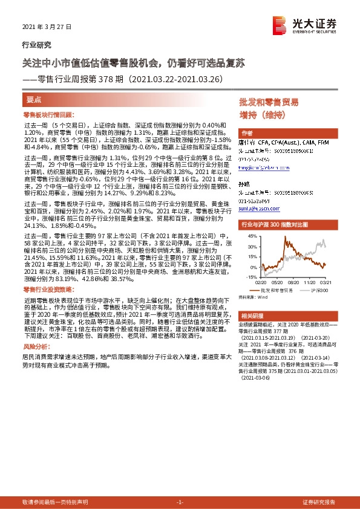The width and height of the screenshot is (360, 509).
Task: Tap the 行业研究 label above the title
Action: point(36,45)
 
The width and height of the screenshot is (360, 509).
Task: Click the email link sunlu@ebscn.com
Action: point(258,209)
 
